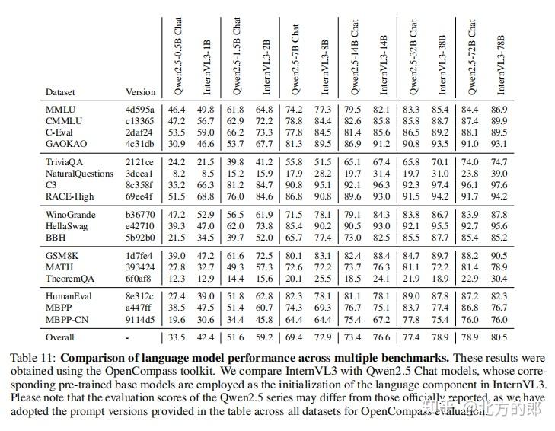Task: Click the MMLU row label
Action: coord(59,110)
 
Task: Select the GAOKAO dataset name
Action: coord(66,143)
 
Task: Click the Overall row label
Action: coord(62,337)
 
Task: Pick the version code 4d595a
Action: coord(139,110)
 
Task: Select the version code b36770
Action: coord(140,215)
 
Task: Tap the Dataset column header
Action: coord(60,92)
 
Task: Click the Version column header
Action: coord(140,92)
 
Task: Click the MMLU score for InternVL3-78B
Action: coord(499,110)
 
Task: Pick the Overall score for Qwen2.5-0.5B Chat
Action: coord(179,337)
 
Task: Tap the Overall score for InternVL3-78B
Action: coord(499,337)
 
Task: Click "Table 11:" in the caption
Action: coord(31,356)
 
